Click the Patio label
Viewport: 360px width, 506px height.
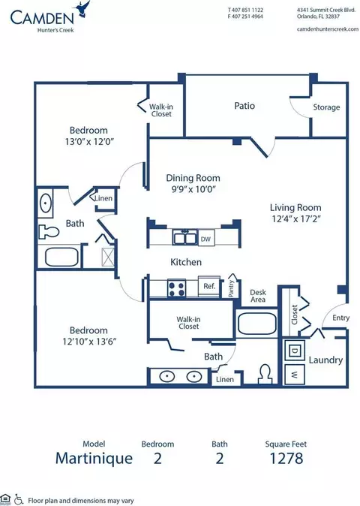(x=244, y=106)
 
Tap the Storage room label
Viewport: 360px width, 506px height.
(x=326, y=107)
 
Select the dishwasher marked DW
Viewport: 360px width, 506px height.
(x=206, y=239)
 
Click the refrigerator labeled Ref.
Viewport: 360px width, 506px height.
(x=209, y=286)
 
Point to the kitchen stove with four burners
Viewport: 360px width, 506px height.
(x=177, y=288)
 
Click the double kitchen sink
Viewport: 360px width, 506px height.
(x=185, y=237)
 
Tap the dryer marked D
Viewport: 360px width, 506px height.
(x=294, y=351)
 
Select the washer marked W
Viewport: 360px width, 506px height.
(x=294, y=375)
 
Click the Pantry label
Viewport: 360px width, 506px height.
(x=231, y=288)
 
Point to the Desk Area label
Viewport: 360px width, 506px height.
(x=258, y=296)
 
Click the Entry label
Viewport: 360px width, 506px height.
(x=341, y=318)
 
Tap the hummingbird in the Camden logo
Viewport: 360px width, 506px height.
(x=82, y=9)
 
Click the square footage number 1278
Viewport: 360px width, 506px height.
(x=286, y=458)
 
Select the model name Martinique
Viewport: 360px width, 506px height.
(x=94, y=459)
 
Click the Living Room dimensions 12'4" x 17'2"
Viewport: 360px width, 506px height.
(x=295, y=218)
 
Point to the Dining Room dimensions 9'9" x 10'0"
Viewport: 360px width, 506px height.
(x=193, y=189)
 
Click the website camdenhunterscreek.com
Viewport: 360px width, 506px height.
(x=328, y=29)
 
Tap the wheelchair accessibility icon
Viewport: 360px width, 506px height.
(x=19, y=499)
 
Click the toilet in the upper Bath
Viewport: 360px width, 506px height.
(x=49, y=232)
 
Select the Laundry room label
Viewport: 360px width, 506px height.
(x=325, y=360)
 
